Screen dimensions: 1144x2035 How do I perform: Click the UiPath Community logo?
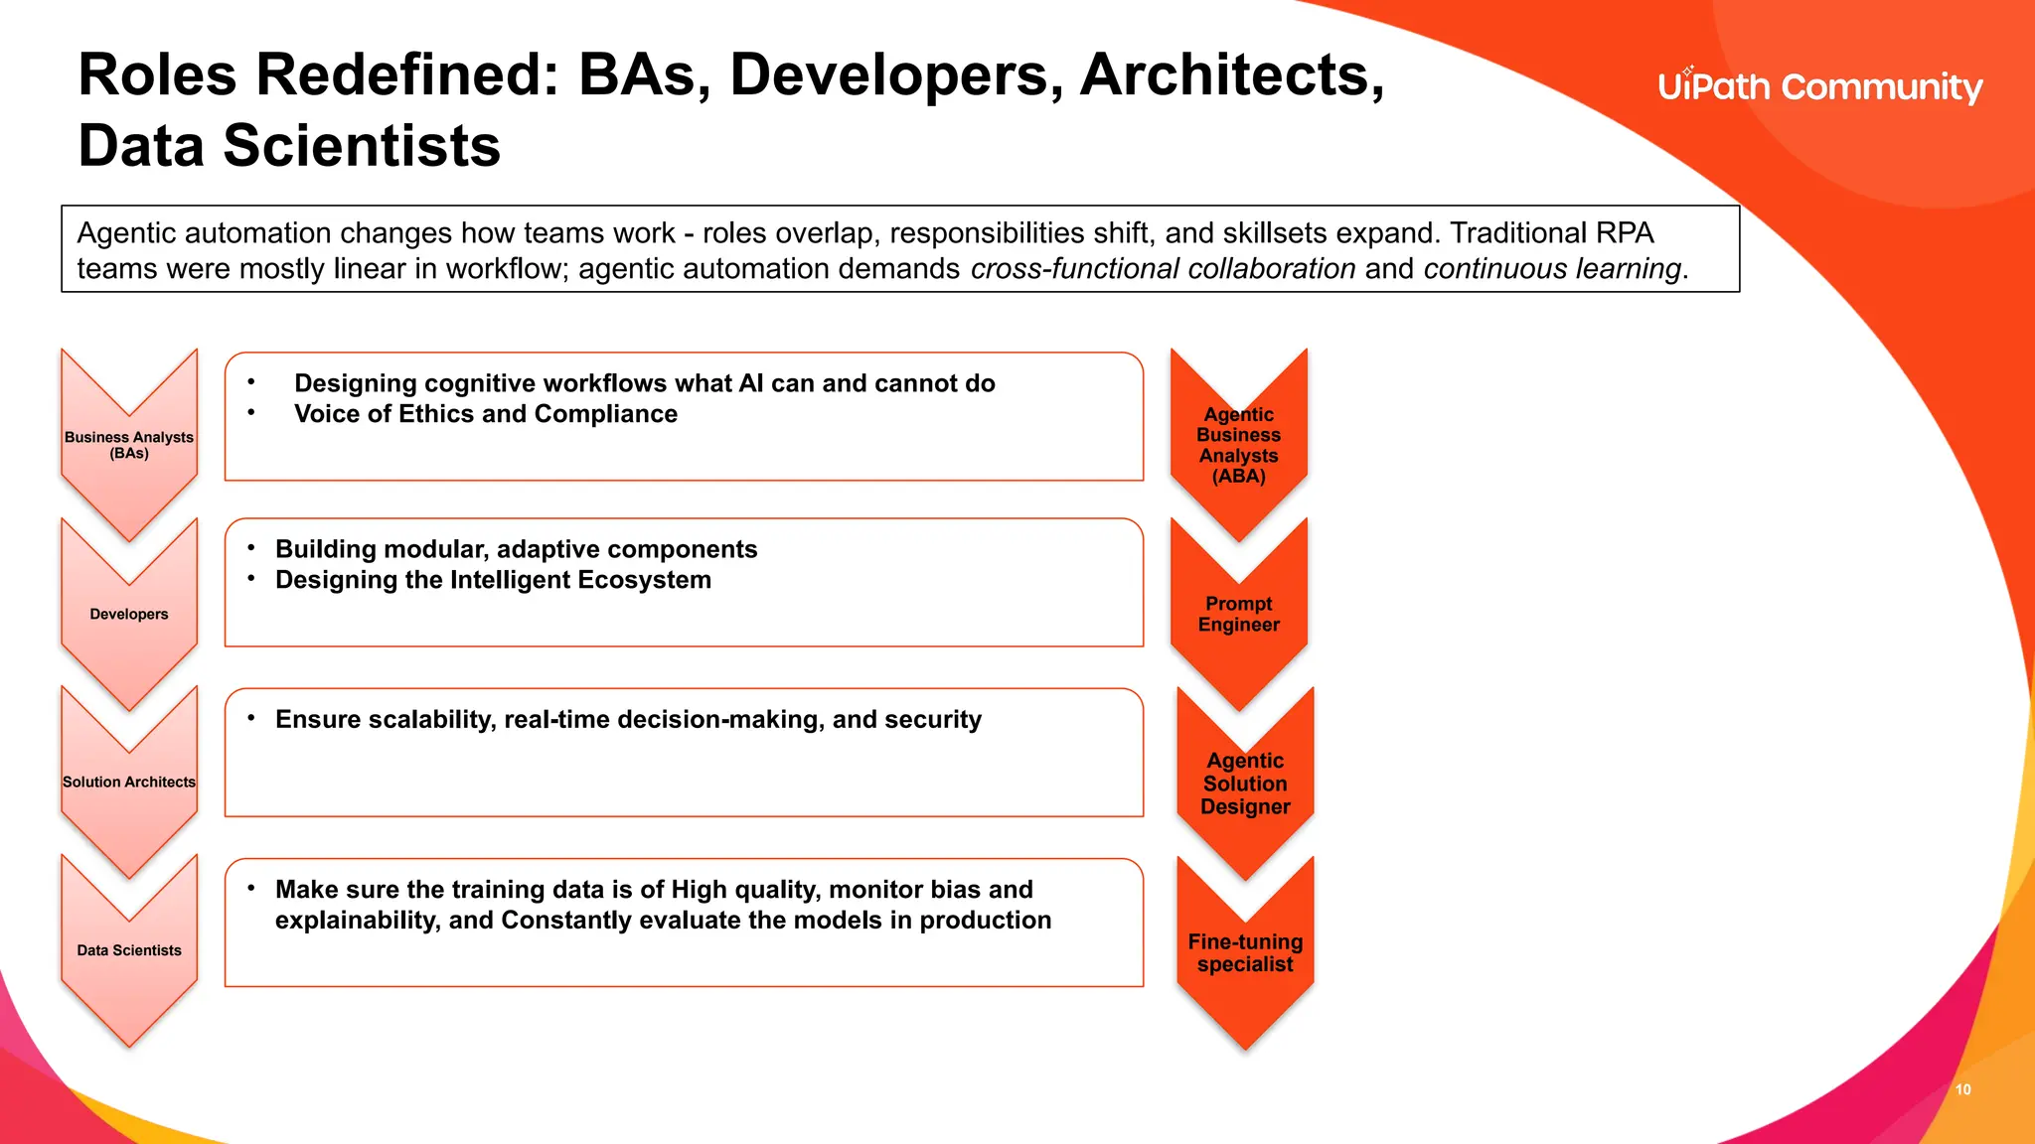coord(1819,87)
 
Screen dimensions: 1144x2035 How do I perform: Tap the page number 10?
coord(1962,1089)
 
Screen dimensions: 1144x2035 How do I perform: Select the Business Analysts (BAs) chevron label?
coord(129,445)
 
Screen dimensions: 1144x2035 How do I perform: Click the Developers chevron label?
coord(129,614)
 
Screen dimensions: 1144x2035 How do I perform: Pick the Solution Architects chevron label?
coord(129,782)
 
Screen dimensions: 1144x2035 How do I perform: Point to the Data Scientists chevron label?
coord(129,950)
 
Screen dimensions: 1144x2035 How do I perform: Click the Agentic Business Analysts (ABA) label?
coord(1238,445)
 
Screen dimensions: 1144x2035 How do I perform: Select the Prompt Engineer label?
coord(1238,614)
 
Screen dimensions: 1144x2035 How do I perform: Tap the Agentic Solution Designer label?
coord(1245,784)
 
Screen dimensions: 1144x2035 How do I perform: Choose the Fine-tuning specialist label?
coord(1245,952)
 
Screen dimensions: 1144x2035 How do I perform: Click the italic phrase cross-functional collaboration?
coord(1163,269)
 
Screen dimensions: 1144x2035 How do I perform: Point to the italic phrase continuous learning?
coord(1552,269)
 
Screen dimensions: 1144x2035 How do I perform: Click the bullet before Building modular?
coord(251,548)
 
